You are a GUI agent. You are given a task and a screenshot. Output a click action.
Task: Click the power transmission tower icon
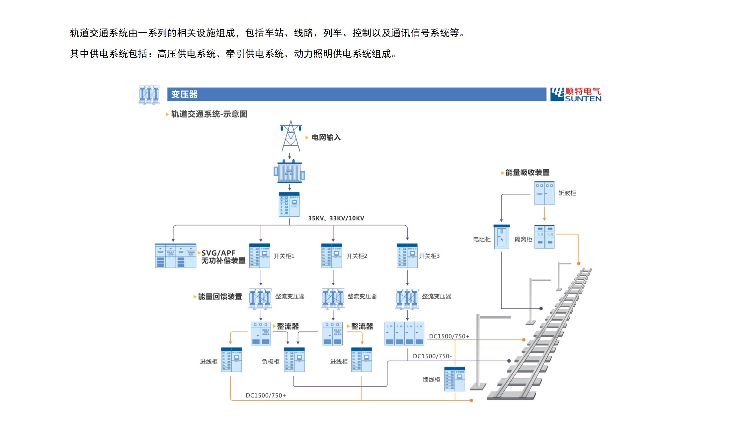[x=291, y=136]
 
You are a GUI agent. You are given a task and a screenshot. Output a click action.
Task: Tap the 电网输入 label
[x=326, y=137]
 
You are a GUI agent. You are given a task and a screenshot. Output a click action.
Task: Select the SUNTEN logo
[x=576, y=94]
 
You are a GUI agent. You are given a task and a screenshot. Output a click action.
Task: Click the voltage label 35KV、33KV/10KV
[x=336, y=218]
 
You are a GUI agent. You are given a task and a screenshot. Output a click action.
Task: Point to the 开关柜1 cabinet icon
[x=260, y=256]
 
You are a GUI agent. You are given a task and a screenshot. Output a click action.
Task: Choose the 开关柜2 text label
[x=357, y=256]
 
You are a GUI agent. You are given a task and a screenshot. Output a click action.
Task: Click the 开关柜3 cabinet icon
[x=407, y=256]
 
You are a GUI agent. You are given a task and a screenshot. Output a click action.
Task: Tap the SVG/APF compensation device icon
[x=176, y=256]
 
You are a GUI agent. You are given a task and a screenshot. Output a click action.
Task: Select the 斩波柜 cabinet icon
[x=544, y=193]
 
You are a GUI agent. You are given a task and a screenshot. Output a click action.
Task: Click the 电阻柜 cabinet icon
[x=501, y=237]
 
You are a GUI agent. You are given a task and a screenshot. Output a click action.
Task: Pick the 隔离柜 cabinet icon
[x=544, y=237]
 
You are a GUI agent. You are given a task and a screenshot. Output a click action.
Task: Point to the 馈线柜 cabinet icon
[x=455, y=379]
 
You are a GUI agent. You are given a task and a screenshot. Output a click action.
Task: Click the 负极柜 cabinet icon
[x=294, y=360]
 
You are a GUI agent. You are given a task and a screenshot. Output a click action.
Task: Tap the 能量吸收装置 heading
[x=527, y=173]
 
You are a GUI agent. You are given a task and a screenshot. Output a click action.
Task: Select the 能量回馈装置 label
[x=220, y=297]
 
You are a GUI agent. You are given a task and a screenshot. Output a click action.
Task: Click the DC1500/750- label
[x=432, y=356]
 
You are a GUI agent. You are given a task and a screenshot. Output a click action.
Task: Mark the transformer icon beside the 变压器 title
[x=149, y=95]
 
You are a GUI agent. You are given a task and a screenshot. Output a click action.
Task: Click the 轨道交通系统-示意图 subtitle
[x=209, y=114]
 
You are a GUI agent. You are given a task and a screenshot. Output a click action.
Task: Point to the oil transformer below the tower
[x=289, y=172]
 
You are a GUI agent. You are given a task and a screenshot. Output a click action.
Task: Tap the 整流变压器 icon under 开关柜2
[x=333, y=298]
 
